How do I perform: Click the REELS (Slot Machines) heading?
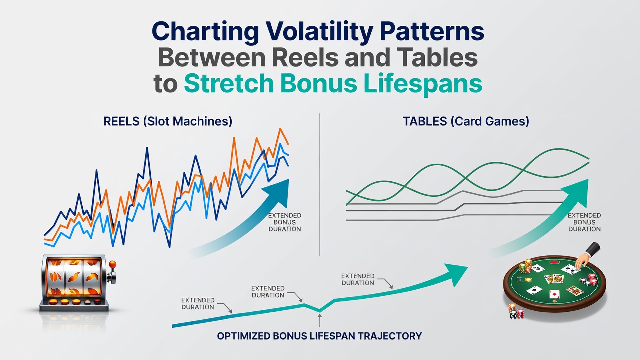coord(168,121)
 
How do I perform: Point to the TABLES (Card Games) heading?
coord(466,121)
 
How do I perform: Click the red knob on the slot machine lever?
coord(113,264)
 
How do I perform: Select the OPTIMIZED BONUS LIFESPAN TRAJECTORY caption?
coord(319,336)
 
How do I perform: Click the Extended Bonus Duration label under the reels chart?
coord(285,222)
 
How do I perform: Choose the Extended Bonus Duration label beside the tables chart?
coord(584,222)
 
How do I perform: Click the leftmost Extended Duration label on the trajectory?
coord(198,303)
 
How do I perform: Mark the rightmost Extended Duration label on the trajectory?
coord(358,279)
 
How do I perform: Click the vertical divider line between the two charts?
coord(320,184)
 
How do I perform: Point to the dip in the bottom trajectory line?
coord(319,310)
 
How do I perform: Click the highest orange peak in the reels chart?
coord(280,129)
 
